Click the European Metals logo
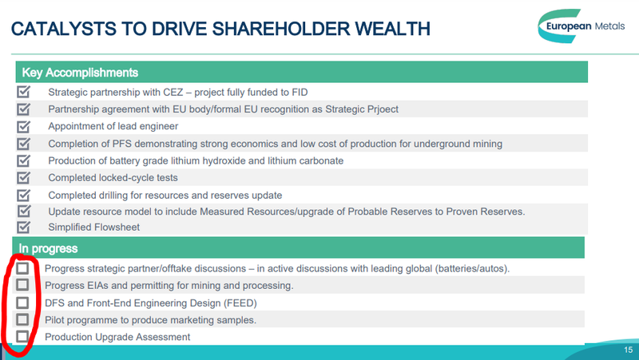pyautogui.click(x=581, y=26)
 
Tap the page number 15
pyautogui.click(x=628, y=350)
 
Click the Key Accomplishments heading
pyautogui.click(x=80, y=73)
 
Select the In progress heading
pyautogui.click(x=48, y=248)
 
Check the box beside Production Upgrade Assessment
pyautogui.click(x=22, y=336)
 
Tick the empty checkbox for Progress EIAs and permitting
pyautogui.click(x=22, y=285)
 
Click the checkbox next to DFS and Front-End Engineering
pyautogui.click(x=22, y=303)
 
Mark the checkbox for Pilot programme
pyautogui.click(x=22, y=319)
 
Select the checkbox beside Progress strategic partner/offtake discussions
pyautogui.click(x=22, y=268)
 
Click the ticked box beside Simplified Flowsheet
pyautogui.click(x=24, y=227)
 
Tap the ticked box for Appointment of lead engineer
pyautogui.click(x=24, y=126)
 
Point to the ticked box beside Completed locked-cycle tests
pyautogui.click(x=24, y=177)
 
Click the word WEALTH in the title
pyautogui.click(x=392, y=29)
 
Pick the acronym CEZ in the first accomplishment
pyautogui.click(x=173, y=93)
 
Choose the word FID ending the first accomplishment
pyautogui.click(x=300, y=93)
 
